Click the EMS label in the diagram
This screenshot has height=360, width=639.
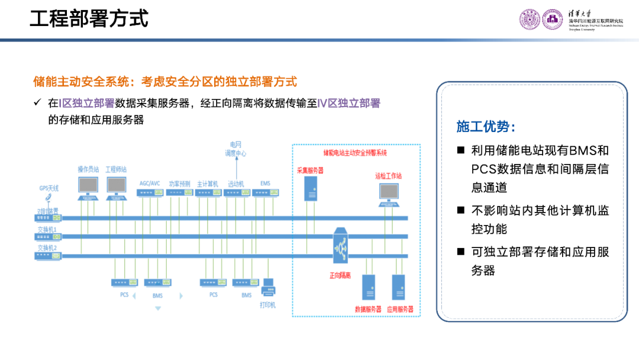click(x=265, y=184)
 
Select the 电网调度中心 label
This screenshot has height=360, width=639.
click(x=235, y=149)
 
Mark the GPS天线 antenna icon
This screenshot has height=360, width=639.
click(x=49, y=198)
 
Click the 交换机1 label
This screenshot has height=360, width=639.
click(x=47, y=229)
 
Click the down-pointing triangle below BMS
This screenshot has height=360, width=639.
click(x=157, y=308)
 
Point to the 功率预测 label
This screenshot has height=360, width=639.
click(x=179, y=184)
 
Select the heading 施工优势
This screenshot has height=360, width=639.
click(x=485, y=127)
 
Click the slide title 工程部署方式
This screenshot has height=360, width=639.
click(x=89, y=19)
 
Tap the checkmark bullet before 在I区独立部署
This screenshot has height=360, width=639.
click(x=37, y=103)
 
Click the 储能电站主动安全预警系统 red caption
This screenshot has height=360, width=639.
click(x=355, y=153)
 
